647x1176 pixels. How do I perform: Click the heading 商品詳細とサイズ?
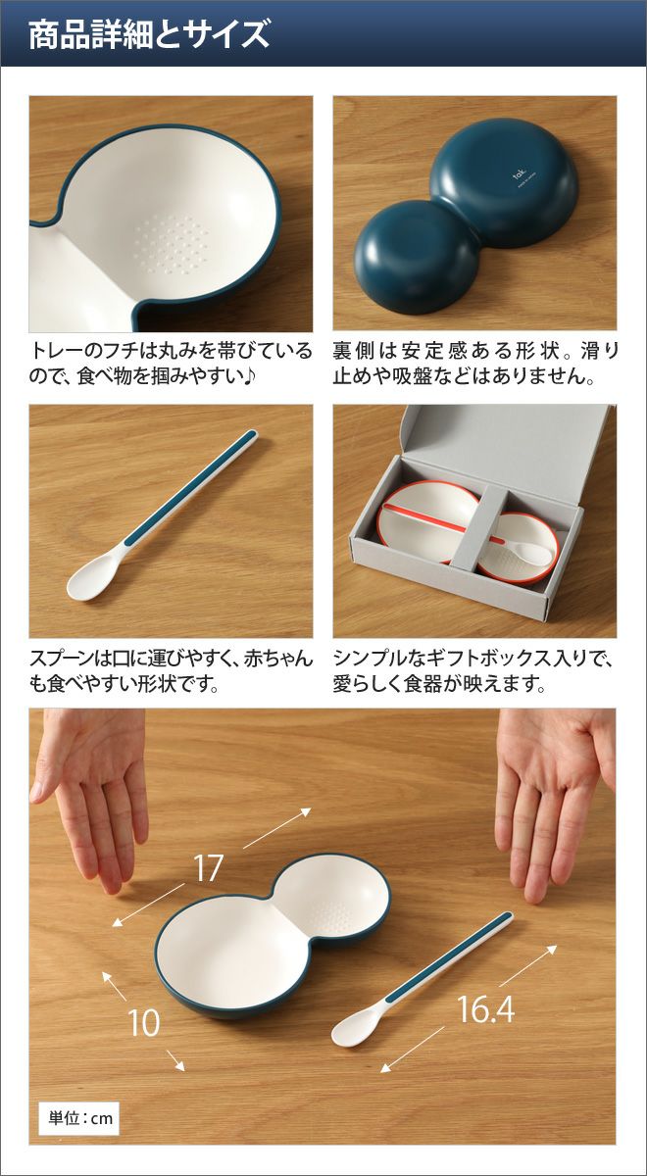tap(149, 34)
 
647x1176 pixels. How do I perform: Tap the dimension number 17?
tap(208, 868)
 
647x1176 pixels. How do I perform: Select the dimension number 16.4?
tap(486, 1008)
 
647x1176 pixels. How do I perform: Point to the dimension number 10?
tap(144, 1023)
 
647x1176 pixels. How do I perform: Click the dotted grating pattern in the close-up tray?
tap(169, 243)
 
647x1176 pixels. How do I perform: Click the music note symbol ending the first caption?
tap(248, 376)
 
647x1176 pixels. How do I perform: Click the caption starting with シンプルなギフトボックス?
tap(473, 671)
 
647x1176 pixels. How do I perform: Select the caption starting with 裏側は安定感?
tap(475, 364)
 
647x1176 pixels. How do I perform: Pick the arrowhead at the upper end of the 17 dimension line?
tap(306, 811)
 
